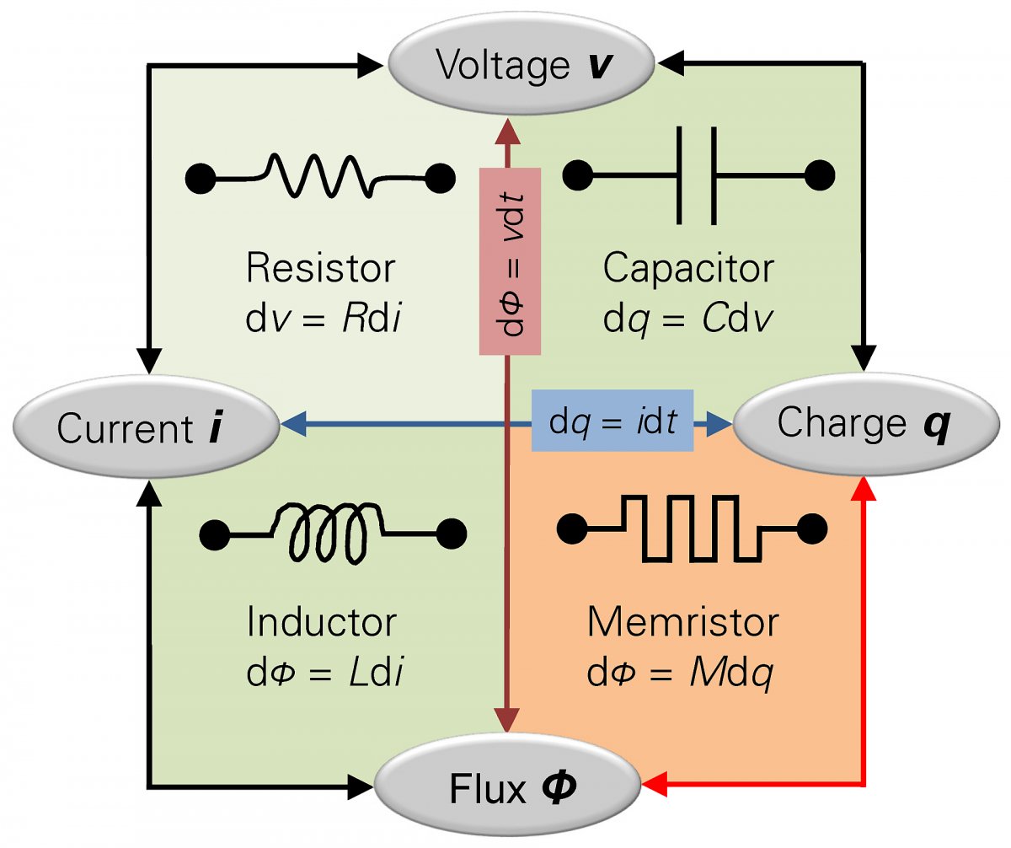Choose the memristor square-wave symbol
pyautogui.click(x=692, y=529)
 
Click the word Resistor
pyautogui.click(x=320, y=269)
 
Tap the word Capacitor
pyautogui.click(x=688, y=269)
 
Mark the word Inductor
pyautogui.click(x=321, y=623)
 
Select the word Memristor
pyautogui.click(x=683, y=623)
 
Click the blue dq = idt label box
pyautogui.click(x=612, y=420)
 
